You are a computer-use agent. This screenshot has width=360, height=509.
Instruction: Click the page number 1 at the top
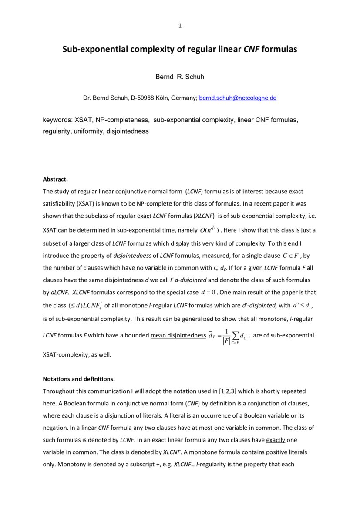[x=180, y=26]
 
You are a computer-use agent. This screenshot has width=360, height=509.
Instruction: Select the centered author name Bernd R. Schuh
[x=180, y=77]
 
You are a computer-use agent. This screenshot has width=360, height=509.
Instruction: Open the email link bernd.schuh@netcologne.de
[x=238, y=98]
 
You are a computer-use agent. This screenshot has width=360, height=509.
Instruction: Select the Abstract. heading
[x=55, y=179]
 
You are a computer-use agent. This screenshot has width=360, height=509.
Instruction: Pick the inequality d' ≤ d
[x=300, y=305]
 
